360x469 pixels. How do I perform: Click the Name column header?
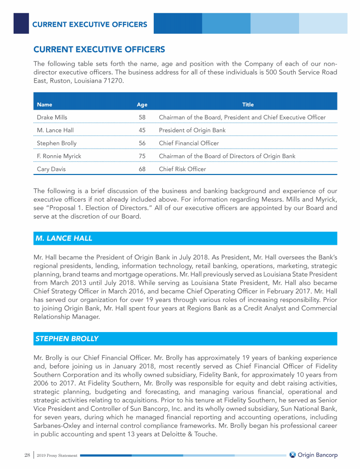point(45,105)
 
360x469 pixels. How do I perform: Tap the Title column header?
point(248,105)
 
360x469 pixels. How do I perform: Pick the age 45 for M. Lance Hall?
point(142,130)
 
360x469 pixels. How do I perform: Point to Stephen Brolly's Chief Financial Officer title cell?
point(189,143)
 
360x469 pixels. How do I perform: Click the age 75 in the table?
point(142,156)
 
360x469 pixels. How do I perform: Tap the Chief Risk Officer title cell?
point(182,169)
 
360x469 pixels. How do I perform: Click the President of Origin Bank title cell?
point(192,130)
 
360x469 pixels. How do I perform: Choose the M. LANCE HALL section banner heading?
point(64,238)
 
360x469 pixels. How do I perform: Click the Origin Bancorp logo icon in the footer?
point(292,455)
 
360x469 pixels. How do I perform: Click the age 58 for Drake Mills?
point(142,117)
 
